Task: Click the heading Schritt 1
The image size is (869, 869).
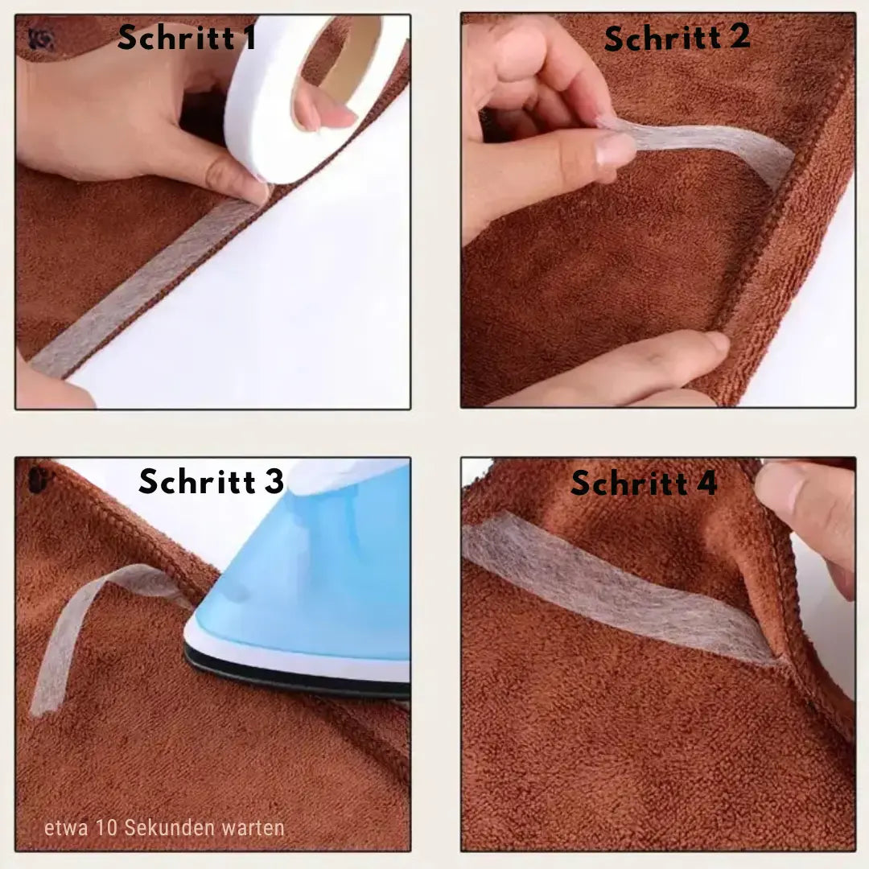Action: (x=187, y=37)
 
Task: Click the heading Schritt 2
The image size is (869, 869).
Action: (x=677, y=37)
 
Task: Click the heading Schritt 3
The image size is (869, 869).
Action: (x=211, y=481)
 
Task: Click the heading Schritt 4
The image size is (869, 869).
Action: (x=644, y=483)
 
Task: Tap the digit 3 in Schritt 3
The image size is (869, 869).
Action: (x=274, y=481)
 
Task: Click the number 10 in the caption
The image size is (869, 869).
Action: (x=106, y=828)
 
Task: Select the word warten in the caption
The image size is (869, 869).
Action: (x=250, y=828)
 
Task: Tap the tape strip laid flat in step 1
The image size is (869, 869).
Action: (x=137, y=290)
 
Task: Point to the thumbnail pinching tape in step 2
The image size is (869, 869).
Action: (x=616, y=150)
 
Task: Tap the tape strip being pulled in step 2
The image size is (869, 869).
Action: (x=716, y=149)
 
